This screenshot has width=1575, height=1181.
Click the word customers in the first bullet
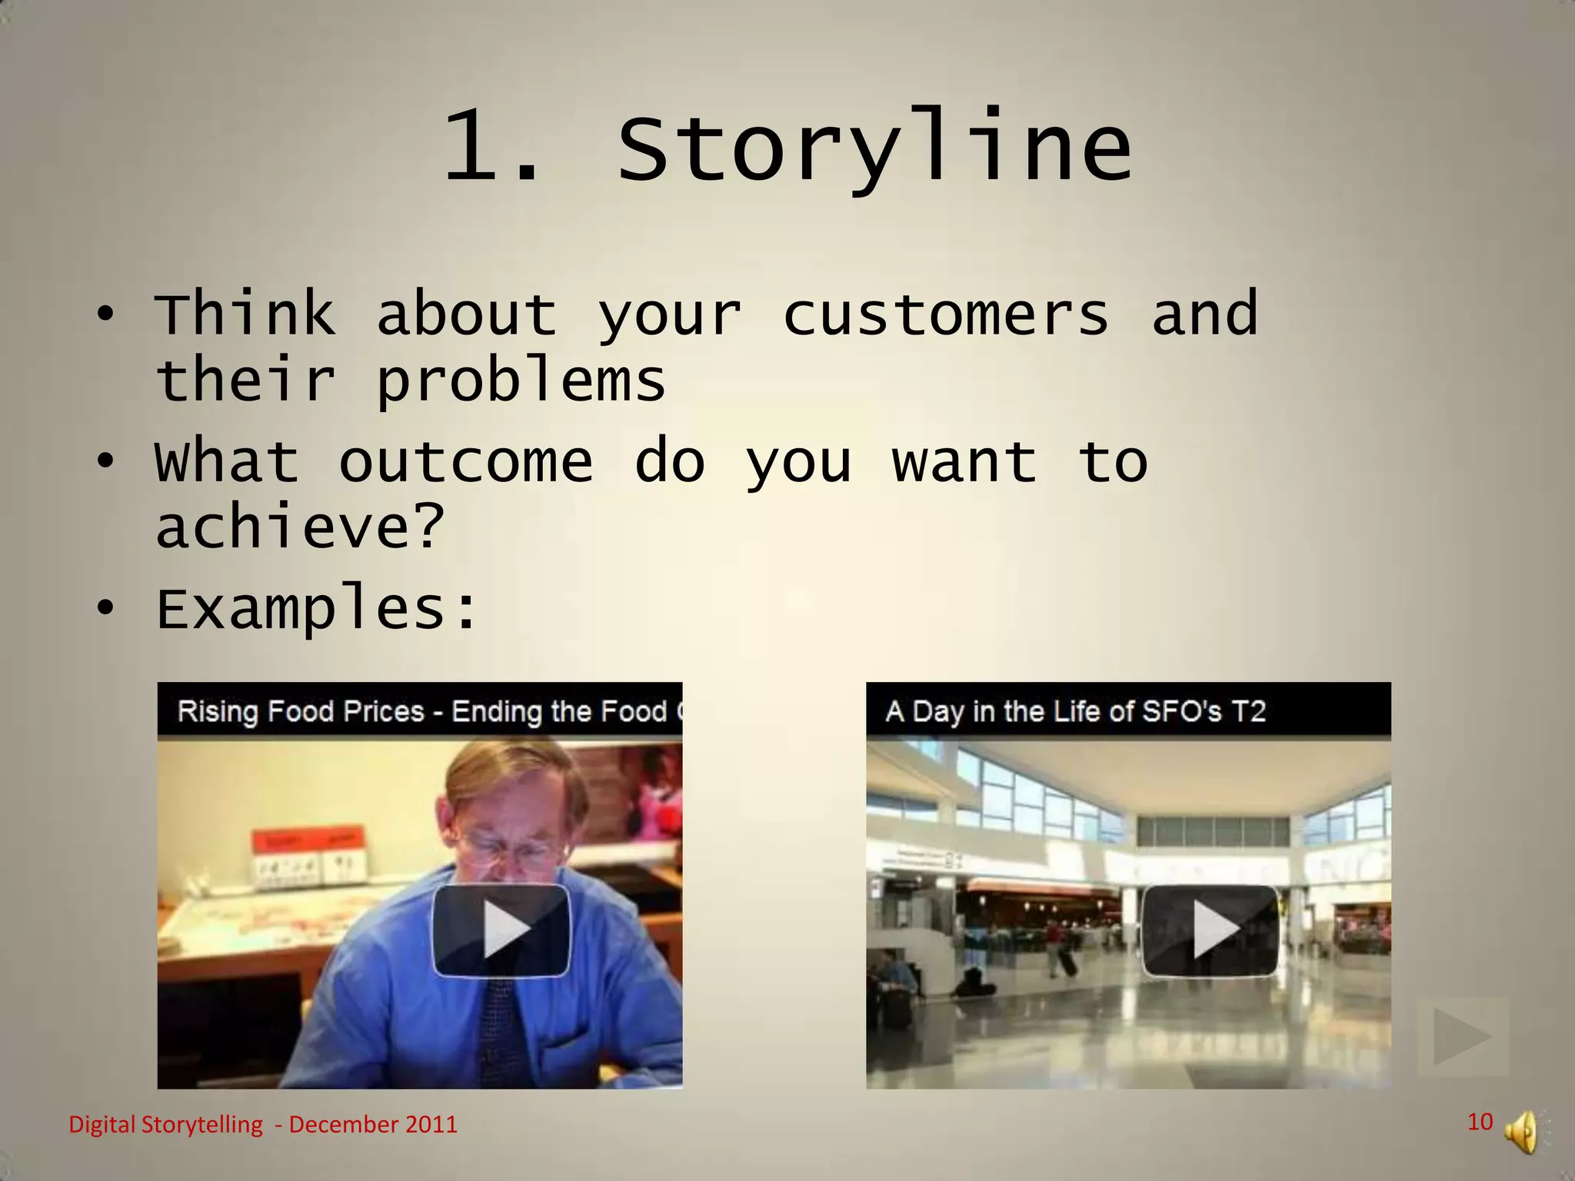pos(946,315)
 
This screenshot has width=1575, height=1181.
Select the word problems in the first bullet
pos(521,381)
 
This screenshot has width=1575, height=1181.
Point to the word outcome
pos(466,462)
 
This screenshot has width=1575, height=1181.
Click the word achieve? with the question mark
pos(300,527)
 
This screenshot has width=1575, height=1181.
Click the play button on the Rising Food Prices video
pos(501,930)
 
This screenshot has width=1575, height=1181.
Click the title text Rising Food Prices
pos(301,711)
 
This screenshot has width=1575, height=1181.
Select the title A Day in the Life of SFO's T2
pos(1075,711)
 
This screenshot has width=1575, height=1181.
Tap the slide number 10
pos(1480,1122)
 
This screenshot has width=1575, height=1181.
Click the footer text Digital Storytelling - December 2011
pos(263,1125)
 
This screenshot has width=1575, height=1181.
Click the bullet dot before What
pos(105,461)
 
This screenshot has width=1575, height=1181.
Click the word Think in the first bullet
pos(245,315)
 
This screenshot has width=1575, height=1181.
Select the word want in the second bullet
pos(964,462)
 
